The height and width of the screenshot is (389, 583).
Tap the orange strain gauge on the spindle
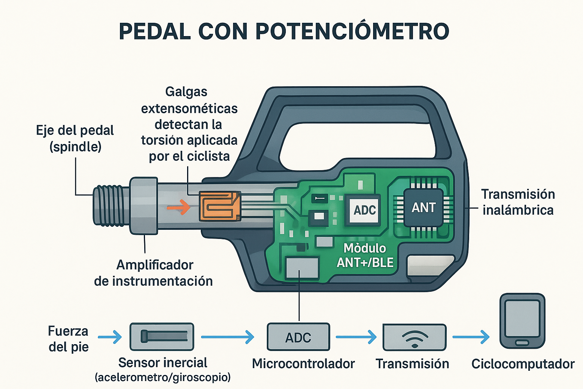[220, 206]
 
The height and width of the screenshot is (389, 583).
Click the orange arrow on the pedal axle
[178, 207]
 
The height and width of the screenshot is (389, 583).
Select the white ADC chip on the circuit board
[364, 210]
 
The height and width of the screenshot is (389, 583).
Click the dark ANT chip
[424, 207]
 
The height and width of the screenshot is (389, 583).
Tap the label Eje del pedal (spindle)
[75, 138]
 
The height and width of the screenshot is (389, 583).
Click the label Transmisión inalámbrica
[518, 202]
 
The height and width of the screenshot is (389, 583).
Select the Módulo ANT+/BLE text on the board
[364, 255]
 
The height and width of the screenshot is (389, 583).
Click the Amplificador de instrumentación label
[153, 273]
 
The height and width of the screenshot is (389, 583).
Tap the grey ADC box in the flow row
[298, 337]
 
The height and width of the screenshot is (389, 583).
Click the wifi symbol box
[414, 337]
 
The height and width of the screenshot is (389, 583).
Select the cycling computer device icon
[522, 321]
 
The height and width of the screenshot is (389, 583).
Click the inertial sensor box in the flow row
[162, 337]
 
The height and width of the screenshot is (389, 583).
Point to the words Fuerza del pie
[68, 338]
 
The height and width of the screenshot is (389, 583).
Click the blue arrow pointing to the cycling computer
[471, 337]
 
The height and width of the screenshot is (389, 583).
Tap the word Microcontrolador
[303, 364]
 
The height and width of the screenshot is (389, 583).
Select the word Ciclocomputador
[523, 364]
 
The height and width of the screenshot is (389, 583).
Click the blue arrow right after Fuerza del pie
[110, 337]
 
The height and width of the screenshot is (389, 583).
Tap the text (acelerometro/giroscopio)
[163, 377]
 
